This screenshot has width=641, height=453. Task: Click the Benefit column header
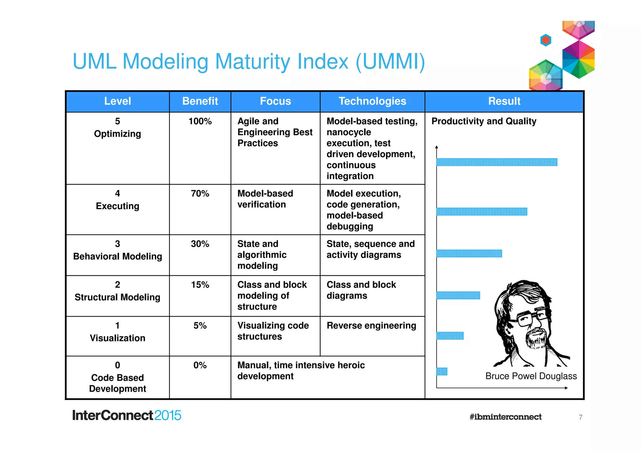200,101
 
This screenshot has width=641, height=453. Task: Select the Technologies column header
372,101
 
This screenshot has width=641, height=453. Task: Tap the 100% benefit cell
200,121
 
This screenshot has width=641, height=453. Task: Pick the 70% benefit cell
200,193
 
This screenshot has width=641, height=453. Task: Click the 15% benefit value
200,285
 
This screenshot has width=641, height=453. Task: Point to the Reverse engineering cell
371,326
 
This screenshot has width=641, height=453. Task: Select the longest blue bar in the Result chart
497,162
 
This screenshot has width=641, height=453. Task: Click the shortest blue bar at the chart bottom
442,371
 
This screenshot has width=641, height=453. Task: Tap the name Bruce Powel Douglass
531,376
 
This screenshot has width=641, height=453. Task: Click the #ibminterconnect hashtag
505,417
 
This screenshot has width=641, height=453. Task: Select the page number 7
580,417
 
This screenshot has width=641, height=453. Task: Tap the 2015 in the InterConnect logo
167,415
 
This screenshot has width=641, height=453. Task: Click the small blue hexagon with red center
546,40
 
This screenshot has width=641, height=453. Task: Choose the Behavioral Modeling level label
117,256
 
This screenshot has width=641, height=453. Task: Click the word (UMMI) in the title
390,61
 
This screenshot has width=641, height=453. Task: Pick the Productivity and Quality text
484,121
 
